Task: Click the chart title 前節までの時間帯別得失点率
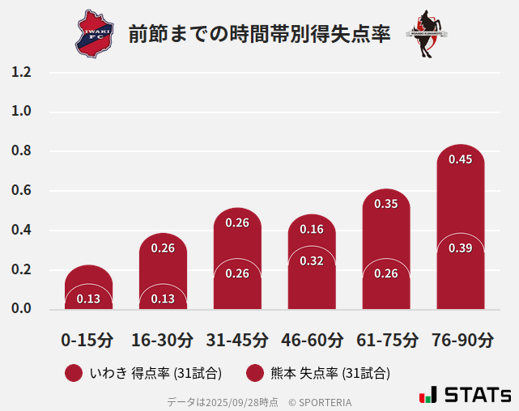coord(259,34)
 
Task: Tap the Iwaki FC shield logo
coord(96,34)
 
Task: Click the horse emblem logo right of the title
coord(427,34)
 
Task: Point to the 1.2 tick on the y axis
coord(22,72)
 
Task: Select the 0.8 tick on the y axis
coord(22,151)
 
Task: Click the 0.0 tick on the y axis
coord(22,309)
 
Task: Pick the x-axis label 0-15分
coord(87,339)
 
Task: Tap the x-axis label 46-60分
coord(312,339)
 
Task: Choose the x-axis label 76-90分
coord(462,339)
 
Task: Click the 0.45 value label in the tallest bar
coord(460,159)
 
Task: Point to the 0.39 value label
coord(460,248)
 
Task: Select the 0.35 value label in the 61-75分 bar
coord(386,204)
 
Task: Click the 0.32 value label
coord(312,261)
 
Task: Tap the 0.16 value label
coord(312,229)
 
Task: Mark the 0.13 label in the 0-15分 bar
coord(88,299)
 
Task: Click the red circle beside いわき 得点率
coord(74,373)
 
